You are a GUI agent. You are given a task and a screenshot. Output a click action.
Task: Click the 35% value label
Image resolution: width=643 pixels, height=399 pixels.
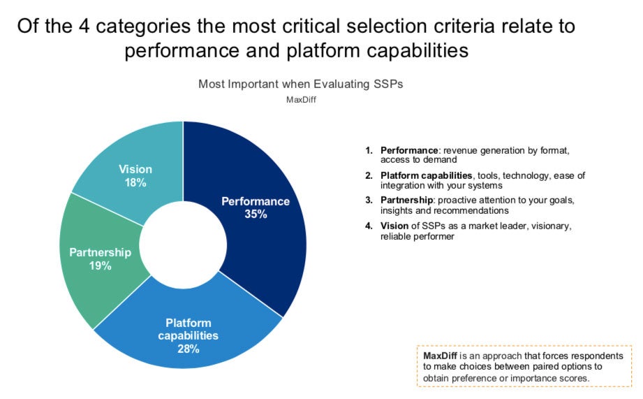tap(256, 215)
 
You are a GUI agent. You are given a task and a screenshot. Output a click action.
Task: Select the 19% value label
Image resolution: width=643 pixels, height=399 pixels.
tap(101, 266)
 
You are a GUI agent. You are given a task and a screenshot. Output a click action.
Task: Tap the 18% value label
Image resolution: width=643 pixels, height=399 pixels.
tap(135, 182)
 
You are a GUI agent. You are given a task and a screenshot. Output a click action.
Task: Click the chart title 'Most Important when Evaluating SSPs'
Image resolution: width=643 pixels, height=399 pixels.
tap(301, 84)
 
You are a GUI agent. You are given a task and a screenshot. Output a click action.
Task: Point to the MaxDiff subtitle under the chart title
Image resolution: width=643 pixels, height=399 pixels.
tap(301, 99)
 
